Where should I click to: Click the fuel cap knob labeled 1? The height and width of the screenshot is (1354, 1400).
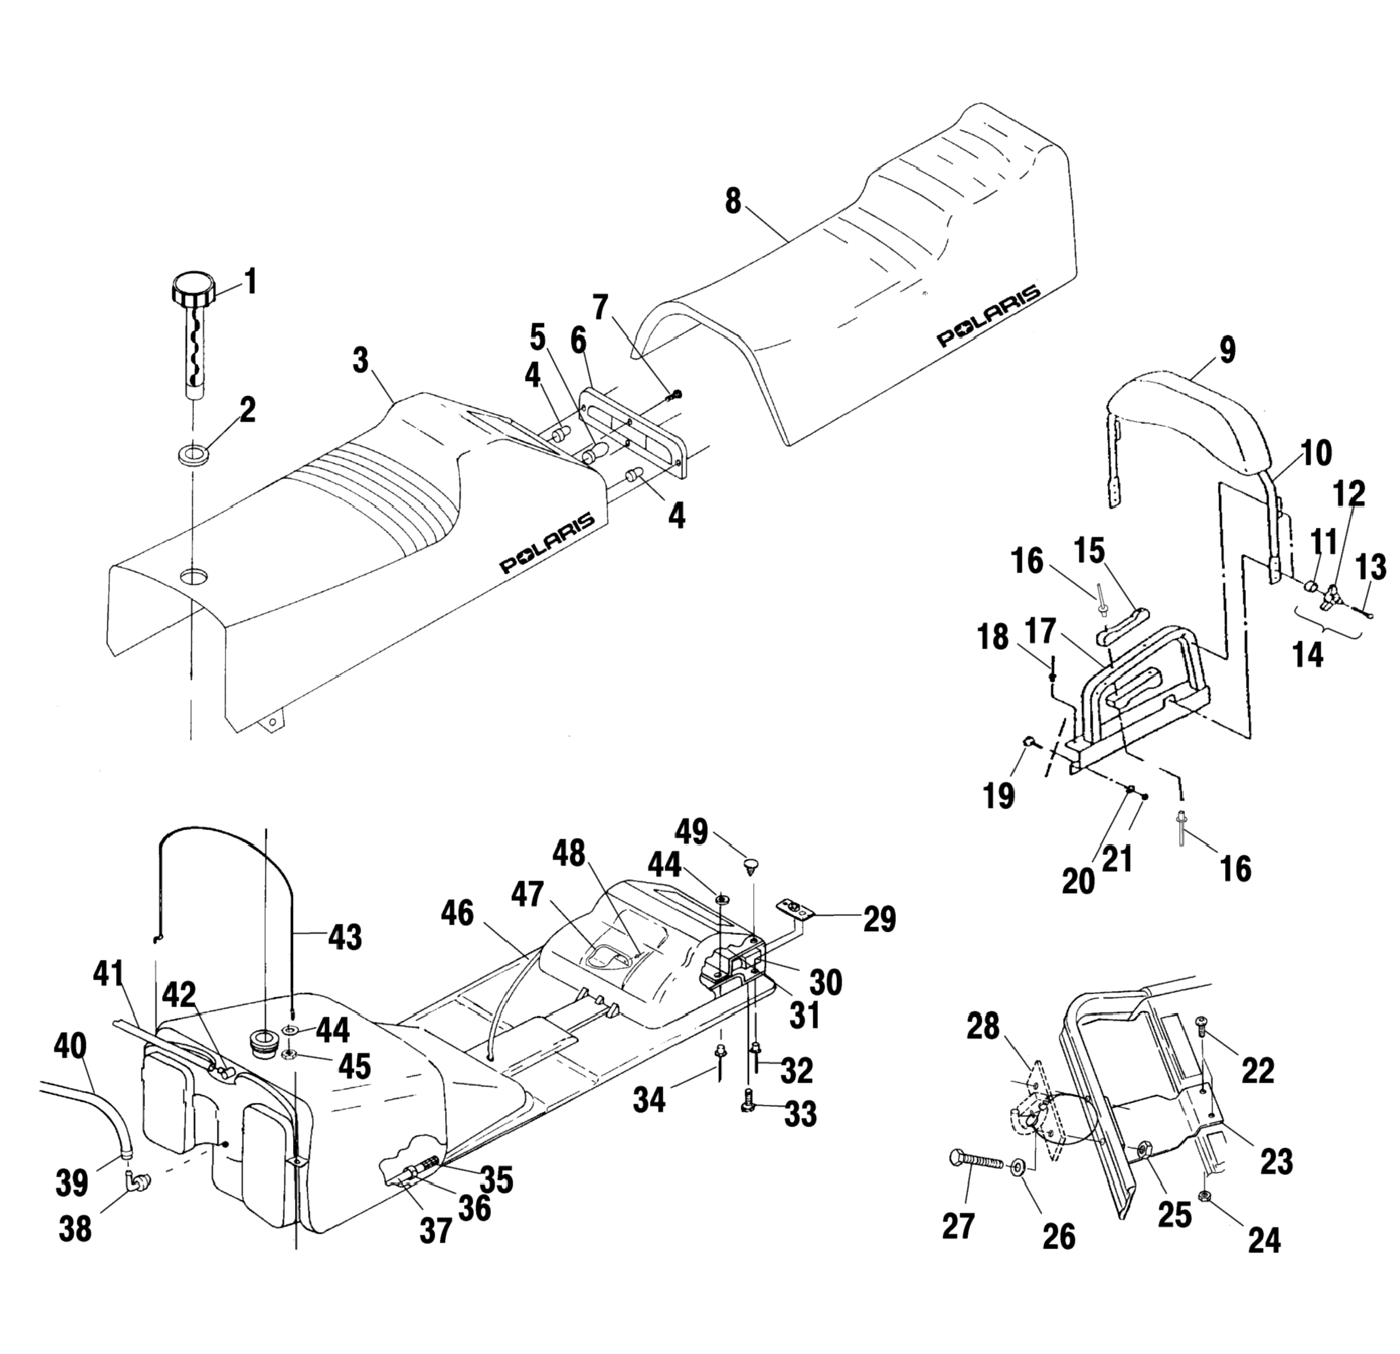coord(191,287)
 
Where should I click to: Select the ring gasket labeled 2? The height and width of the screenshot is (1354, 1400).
coord(193,455)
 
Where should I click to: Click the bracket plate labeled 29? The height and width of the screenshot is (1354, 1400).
coord(795,909)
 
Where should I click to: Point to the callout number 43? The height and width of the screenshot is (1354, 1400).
coord(344,936)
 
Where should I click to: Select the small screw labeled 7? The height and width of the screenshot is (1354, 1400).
coord(674,395)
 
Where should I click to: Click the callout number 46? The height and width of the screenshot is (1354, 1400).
coord(456,913)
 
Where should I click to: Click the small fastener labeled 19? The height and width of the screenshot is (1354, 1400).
coord(1030,742)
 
